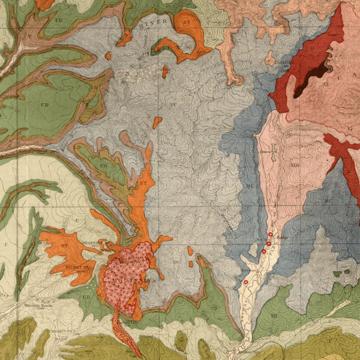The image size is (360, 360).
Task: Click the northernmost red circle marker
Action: pos(270,234)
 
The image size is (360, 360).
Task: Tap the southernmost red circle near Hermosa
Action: pos(246,282)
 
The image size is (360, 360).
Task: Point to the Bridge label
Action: pos(282,238)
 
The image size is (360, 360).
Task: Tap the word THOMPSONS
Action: pos(61,331)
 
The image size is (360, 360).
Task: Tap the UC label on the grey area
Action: pos(174,104)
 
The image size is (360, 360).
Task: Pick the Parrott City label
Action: pos(127,322)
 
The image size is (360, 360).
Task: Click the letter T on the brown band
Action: pos(30,36)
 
